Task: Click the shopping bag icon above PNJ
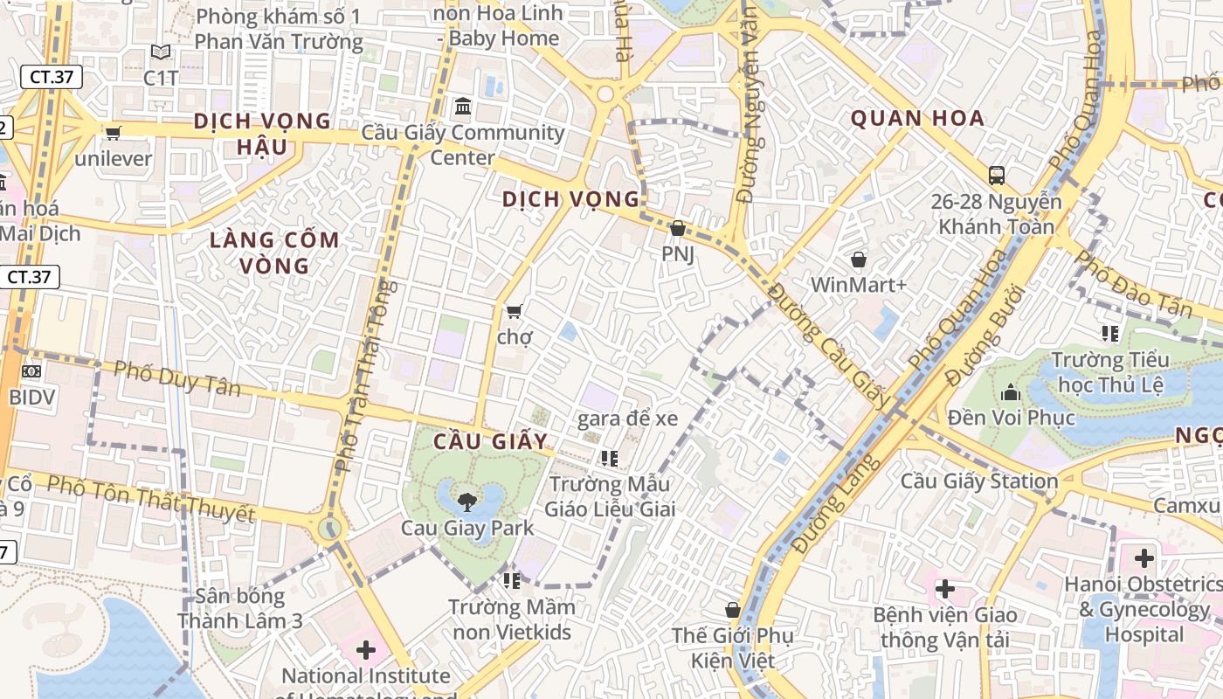point(677,228)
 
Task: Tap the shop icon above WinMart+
point(859,260)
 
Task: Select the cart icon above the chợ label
point(514,311)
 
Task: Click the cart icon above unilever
point(113,133)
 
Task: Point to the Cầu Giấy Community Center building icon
point(463,107)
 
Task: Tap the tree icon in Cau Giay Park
point(467,502)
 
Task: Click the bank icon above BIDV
point(31,371)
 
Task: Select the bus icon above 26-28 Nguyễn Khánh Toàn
point(996,175)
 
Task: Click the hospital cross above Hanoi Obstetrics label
point(1144,557)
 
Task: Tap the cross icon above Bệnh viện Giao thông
point(943,589)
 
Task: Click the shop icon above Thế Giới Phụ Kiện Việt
point(732,610)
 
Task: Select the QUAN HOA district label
point(917,119)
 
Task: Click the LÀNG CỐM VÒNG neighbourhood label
point(274,253)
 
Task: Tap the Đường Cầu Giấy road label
point(830,349)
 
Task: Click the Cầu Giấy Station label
point(978,481)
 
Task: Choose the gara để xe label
point(627,419)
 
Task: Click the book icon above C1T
point(160,52)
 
